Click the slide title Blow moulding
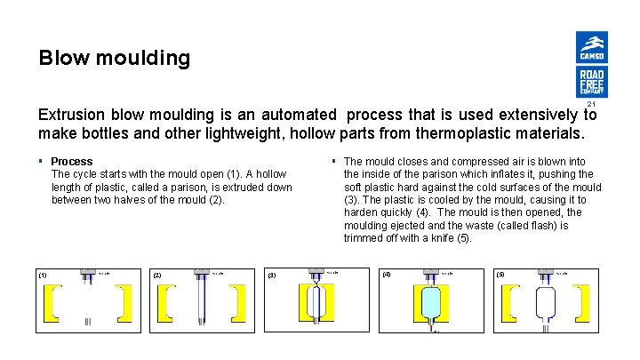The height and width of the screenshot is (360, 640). coord(114,59)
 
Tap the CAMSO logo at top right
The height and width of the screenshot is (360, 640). coord(591,47)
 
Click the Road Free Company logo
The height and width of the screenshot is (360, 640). coord(591,82)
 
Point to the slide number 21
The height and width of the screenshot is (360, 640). coord(591,104)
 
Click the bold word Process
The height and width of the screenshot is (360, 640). coord(72,162)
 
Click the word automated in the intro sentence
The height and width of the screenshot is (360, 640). coord(298,115)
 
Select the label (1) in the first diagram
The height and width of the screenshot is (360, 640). coord(42,275)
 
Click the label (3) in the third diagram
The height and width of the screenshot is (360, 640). coord(272,275)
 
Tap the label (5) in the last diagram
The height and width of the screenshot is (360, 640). coord(500,275)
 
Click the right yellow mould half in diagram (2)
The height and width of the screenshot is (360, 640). coord(239,303)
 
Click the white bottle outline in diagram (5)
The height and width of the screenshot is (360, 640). coord(545,304)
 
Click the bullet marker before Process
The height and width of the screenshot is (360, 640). coord(40,162)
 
